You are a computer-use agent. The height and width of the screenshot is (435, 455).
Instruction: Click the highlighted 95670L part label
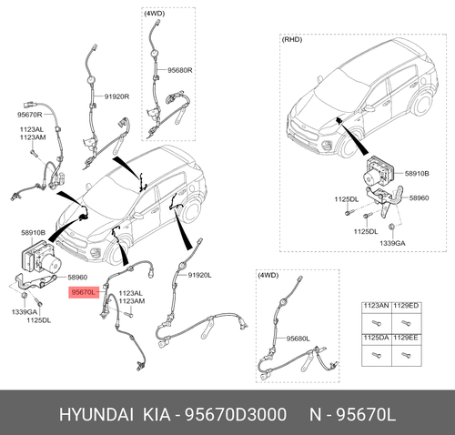(x=84, y=292)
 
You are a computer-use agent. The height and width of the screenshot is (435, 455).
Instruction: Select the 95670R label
(x=29, y=115)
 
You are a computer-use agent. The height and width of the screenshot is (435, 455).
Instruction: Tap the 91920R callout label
(x=116, y=96)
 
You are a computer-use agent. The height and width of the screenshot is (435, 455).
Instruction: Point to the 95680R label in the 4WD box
(x=180, y=70)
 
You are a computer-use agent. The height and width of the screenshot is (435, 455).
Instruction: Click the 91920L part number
(x=199, y=275)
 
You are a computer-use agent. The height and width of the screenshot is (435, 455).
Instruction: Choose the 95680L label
(x=298, y=339)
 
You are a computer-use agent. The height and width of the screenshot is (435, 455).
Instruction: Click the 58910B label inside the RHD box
(x=417, y=174)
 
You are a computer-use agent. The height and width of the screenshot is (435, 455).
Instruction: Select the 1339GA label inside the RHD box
(x=392, y=243)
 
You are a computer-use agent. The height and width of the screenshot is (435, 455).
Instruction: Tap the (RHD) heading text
(x=292, y=40)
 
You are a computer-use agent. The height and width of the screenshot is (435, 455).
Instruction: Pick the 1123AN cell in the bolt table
(x=376, y=306)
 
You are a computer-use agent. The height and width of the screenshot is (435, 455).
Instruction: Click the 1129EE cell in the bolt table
(x=406, y=338)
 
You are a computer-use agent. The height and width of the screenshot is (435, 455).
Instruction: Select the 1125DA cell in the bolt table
(x=376, y=338)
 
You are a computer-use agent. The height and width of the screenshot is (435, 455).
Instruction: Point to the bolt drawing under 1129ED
(x=405, y=323)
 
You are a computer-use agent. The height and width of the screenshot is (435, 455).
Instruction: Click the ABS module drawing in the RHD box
(x=378, y=172)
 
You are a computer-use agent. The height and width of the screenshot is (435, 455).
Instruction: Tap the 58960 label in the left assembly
(x=77, y=278)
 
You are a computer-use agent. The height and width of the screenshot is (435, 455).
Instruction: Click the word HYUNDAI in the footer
(x=96, y=414)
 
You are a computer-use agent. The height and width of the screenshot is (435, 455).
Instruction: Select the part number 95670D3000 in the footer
(x=236, y=414)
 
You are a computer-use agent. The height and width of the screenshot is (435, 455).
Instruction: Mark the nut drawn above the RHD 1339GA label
(x=391, y=227)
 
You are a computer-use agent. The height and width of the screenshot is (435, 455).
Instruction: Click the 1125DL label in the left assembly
(x=39, y=320)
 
